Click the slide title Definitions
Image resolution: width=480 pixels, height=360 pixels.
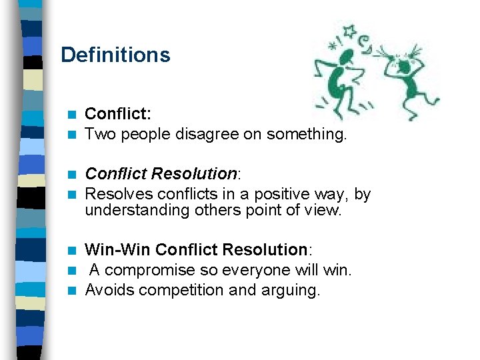(x=115, y=55)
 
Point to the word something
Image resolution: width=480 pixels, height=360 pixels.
(x=306, y=135)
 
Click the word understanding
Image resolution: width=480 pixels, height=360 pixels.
(x=139, y=211)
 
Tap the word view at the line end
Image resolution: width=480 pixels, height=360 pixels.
(x=323, y=211)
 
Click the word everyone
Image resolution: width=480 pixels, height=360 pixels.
(x=259, y=270)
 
